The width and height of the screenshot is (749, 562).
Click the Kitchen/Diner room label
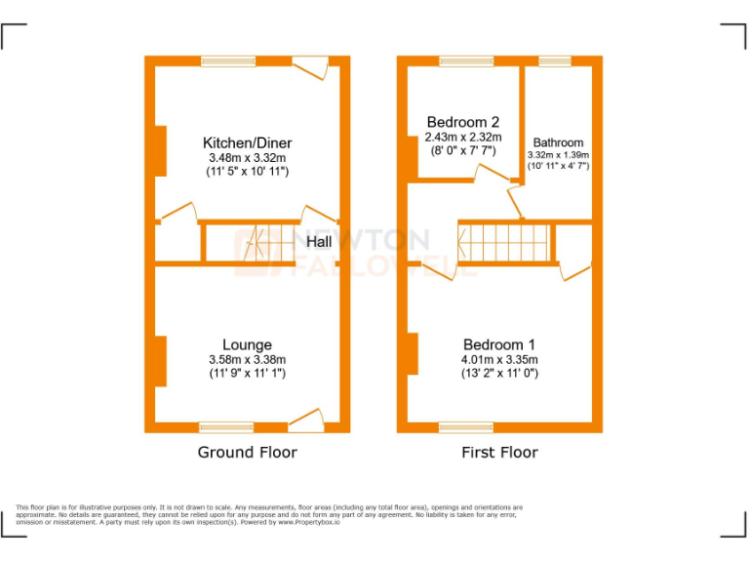(x=248, y=143)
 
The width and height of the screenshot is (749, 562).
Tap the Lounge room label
(x=248, y=344)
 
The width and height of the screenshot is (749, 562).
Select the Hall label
(x=322, y=241)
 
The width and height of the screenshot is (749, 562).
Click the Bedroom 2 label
(x=463, y=122)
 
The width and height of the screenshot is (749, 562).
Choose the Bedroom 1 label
(x=499, y=344)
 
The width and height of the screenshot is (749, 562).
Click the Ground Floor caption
(x=248, y=452)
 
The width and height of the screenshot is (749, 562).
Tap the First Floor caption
(x=499, y=452)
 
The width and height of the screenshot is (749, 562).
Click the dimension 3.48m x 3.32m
(x=248, y=158)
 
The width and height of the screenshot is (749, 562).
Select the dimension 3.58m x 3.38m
(x=248, y=359)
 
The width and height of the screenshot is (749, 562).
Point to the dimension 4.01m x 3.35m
(x=499, y=359)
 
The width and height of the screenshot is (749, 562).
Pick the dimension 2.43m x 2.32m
(x=463, y=138)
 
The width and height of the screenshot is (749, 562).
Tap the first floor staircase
(x=505, y=241)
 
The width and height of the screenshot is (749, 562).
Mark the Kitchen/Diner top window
(x=229, y=60)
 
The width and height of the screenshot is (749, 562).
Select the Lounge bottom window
(x=226, y=426)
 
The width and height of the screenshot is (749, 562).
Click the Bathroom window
(x=555, y=60)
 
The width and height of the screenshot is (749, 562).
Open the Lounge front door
(x=306, y=421)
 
